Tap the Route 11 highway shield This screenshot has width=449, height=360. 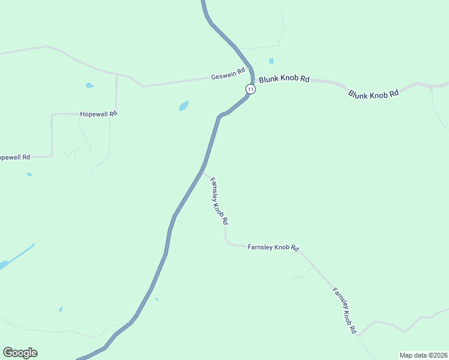[250, 89]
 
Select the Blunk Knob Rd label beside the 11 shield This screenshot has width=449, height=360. [284, 79]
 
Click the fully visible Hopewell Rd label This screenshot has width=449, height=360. [98, 113]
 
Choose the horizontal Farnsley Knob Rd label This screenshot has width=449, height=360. [273, 247]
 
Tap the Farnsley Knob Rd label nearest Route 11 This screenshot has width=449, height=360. [218, 200]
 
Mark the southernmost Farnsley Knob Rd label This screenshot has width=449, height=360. [345, 310]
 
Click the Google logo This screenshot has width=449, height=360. [20, 353]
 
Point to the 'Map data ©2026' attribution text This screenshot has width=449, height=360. [424, 355]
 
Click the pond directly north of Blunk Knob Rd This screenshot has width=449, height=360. [271, 61]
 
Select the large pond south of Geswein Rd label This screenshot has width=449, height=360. [184, 106]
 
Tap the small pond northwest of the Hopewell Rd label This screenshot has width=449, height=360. [89, 85]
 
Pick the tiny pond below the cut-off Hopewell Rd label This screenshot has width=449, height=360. [29, 175]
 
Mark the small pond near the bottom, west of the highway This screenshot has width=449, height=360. [61, 309]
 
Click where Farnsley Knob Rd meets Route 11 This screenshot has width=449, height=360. [202, 173]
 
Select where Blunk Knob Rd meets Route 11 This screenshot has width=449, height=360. [252, 80]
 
